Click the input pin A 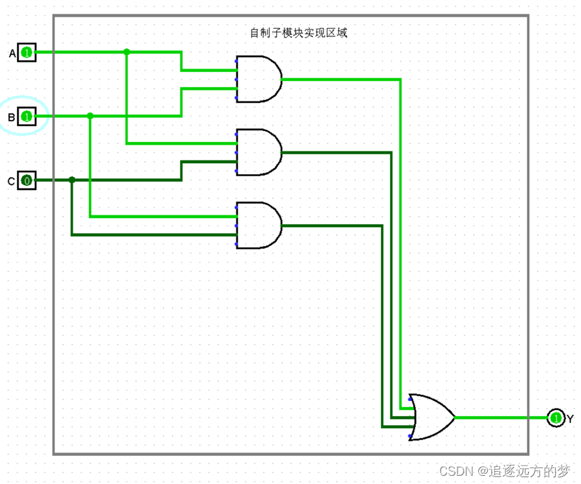(x=26, y=52)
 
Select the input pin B (x=26, y=117)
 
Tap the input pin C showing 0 (x=26, y=180)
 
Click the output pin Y (x=556, y=418)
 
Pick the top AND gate (x=258, y=79)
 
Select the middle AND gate (x=258, y=152)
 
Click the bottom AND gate (x=258, y=225)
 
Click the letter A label (x=12, y=53)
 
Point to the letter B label (x=11, y=118)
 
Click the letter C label (x=11, y=182)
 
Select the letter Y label (x=570, y=418)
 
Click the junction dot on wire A (x=127, y=52)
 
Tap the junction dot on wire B (x=90, y=116)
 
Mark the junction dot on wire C (x=72, y=180)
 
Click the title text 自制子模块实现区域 (x=299, y=32)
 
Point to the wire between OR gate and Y (x=500, y=417)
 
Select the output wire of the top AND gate (x=343, y=79)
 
